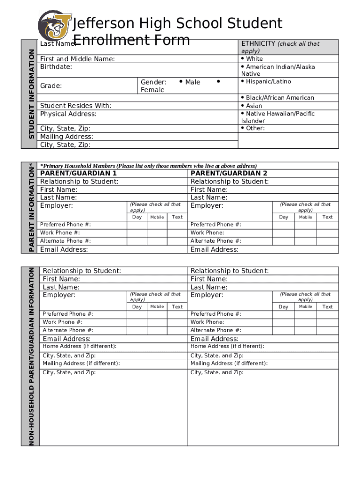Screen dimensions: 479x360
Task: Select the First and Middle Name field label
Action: click(77, 59)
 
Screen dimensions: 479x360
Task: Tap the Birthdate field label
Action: click(56, 67)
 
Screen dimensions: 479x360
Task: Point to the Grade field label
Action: click(51, 86)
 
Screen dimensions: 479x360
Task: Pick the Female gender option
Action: click(152, 90)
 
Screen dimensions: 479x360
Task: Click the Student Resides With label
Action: click(75, 106)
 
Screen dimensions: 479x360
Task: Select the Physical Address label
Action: click(68, 114)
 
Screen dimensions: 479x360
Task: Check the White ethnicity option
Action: click(254, 59)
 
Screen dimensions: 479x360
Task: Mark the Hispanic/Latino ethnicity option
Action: click(268, 81)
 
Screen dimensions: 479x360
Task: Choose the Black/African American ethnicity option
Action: click(280, 98)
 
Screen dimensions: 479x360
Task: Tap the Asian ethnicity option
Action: click(254, 106)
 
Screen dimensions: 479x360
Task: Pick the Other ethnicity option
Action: click(255, 128)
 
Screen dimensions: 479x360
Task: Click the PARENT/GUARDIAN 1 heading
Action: click(79, 173)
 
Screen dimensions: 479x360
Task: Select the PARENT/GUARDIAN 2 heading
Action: click(229, 173)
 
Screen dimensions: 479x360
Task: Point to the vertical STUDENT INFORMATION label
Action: click(31, 94)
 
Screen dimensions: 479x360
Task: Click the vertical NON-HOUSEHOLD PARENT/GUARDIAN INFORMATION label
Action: click(31, 356)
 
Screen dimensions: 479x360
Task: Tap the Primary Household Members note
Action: click(148, 166)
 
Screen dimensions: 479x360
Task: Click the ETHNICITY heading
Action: click(258, 44)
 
